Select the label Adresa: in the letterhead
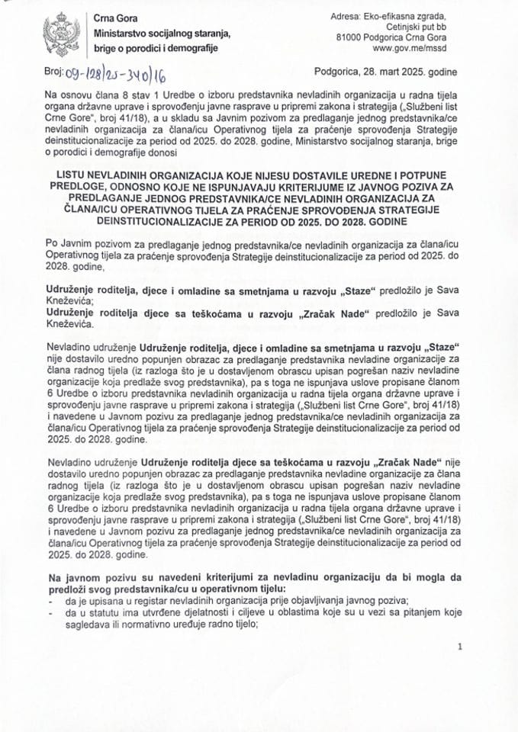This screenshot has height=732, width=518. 352,15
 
